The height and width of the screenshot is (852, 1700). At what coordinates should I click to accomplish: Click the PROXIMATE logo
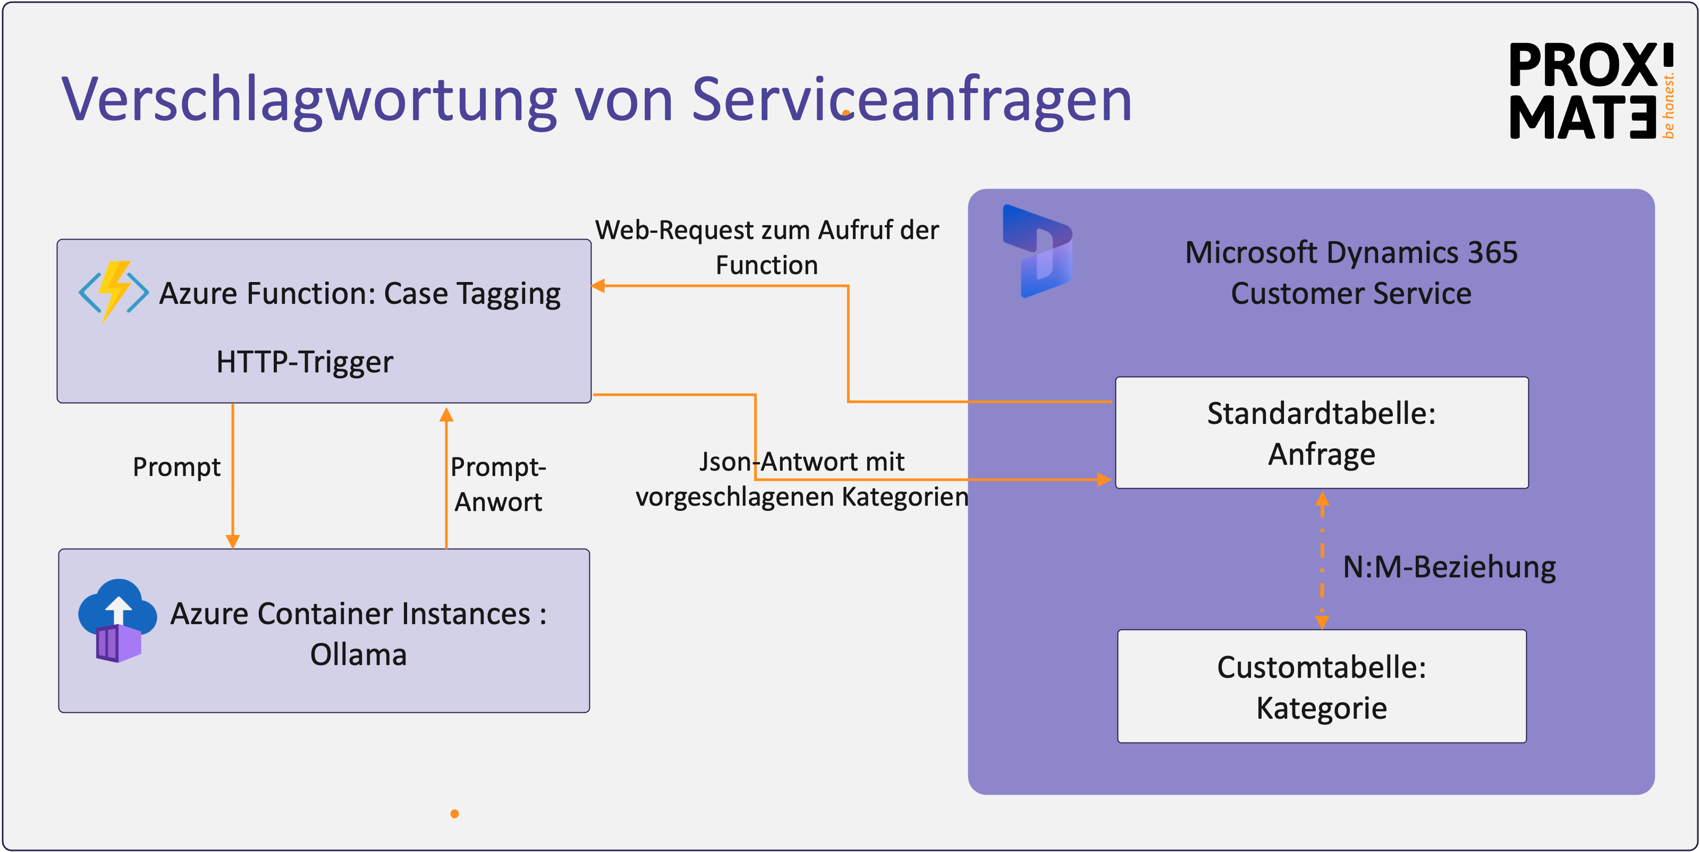pos(1591,91)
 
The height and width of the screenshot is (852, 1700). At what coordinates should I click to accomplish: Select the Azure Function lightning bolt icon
pos(114,291)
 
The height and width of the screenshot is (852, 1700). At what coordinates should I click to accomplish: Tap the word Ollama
pos(358,655)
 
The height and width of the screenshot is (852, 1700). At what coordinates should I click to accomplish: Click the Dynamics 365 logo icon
pos(1037,251)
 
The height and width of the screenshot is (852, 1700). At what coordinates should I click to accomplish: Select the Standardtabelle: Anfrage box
pos(1321,433)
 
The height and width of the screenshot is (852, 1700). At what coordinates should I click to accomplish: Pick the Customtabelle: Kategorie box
pos(1321,686)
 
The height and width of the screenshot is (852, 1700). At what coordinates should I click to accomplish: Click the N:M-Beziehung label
pos(1449,567)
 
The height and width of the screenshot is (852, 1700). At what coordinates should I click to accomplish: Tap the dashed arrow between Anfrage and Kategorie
pos(1322,560)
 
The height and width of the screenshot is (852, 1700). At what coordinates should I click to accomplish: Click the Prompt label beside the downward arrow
pos(176,467)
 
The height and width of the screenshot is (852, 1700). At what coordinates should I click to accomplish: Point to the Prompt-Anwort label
pos(498,484)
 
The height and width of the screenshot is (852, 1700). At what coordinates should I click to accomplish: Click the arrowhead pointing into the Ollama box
pos(232,541)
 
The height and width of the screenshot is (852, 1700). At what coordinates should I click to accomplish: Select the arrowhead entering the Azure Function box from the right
pos(598,286)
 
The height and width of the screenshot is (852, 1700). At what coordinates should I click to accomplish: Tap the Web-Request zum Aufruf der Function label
pos(766,248)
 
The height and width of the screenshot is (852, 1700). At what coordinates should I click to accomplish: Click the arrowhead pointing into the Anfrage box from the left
pos(1104,480)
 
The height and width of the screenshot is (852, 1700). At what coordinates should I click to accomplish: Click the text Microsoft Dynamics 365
pos(1351,252)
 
